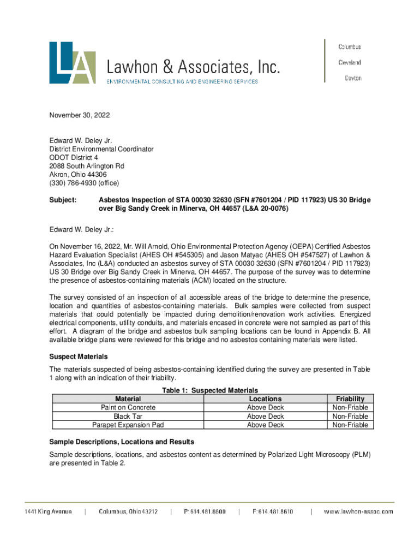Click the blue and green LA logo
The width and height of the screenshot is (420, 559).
73,63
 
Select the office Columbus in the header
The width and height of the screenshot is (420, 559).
350,47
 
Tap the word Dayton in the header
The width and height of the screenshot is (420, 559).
352,78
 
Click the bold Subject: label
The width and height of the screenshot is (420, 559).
63,200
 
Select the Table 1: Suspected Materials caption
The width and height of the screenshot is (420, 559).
210,390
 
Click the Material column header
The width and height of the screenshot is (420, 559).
128,399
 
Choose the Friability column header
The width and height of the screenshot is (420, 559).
351,399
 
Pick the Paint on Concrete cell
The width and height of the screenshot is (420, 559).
128,408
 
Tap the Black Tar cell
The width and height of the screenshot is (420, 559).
128,417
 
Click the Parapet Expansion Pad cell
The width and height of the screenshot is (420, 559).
128,425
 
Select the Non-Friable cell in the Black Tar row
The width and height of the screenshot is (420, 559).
351,417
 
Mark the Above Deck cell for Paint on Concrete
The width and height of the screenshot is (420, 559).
265,408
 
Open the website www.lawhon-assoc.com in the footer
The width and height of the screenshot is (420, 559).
358,512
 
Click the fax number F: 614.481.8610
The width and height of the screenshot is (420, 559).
273,512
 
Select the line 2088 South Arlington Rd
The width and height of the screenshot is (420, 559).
87,166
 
